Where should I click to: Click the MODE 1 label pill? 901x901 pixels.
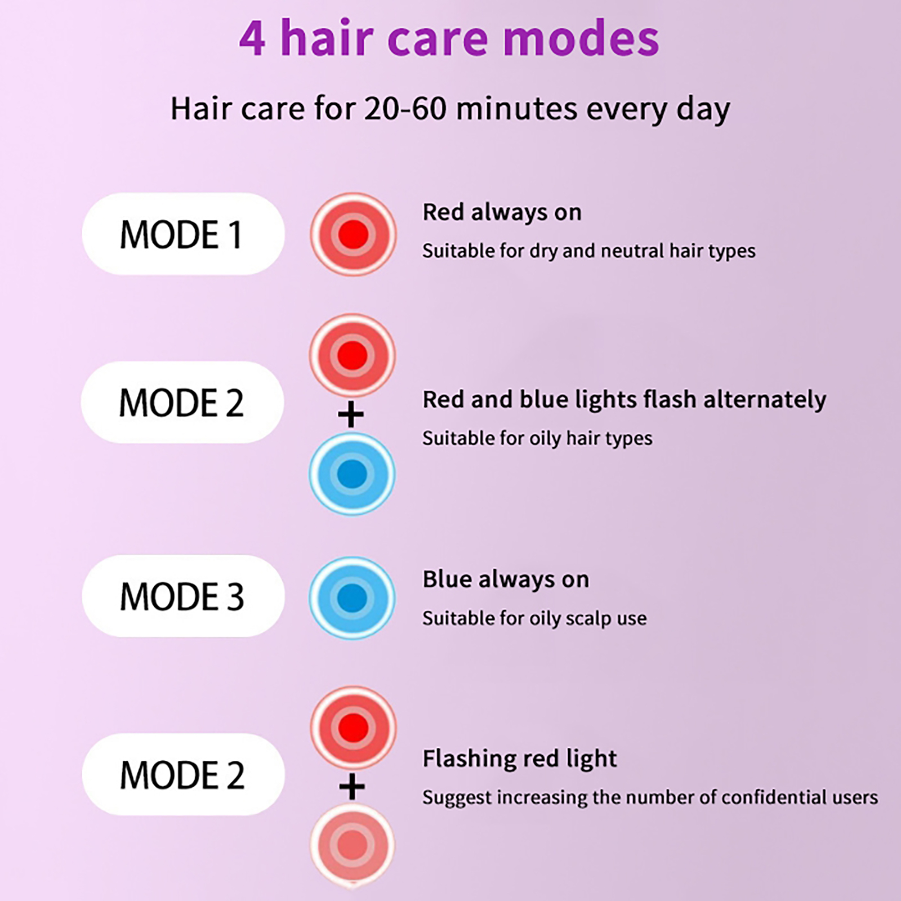(x=183, y=234)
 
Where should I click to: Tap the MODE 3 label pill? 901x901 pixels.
(x=183, y=596)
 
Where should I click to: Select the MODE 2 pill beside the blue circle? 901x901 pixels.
(x=182, y=402)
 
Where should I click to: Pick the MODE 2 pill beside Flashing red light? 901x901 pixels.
(x=183, y=774)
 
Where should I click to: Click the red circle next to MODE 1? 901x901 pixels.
(x=353, y=234)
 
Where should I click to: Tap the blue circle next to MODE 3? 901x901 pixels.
(x=353, y=597)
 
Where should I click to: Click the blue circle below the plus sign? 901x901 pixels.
(x=352, y=474)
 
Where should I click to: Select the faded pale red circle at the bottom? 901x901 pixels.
(x=353, y=845)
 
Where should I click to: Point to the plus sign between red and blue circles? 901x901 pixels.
(x=351, y=415)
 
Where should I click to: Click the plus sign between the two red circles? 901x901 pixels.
(x=352, y=786)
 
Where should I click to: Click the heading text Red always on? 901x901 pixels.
(x=502, y=212)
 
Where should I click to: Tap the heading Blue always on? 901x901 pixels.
(x=506, y=579)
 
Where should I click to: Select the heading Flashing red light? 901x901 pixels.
(x=520, y=759)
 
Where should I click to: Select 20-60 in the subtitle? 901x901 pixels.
(x=405, y=109)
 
